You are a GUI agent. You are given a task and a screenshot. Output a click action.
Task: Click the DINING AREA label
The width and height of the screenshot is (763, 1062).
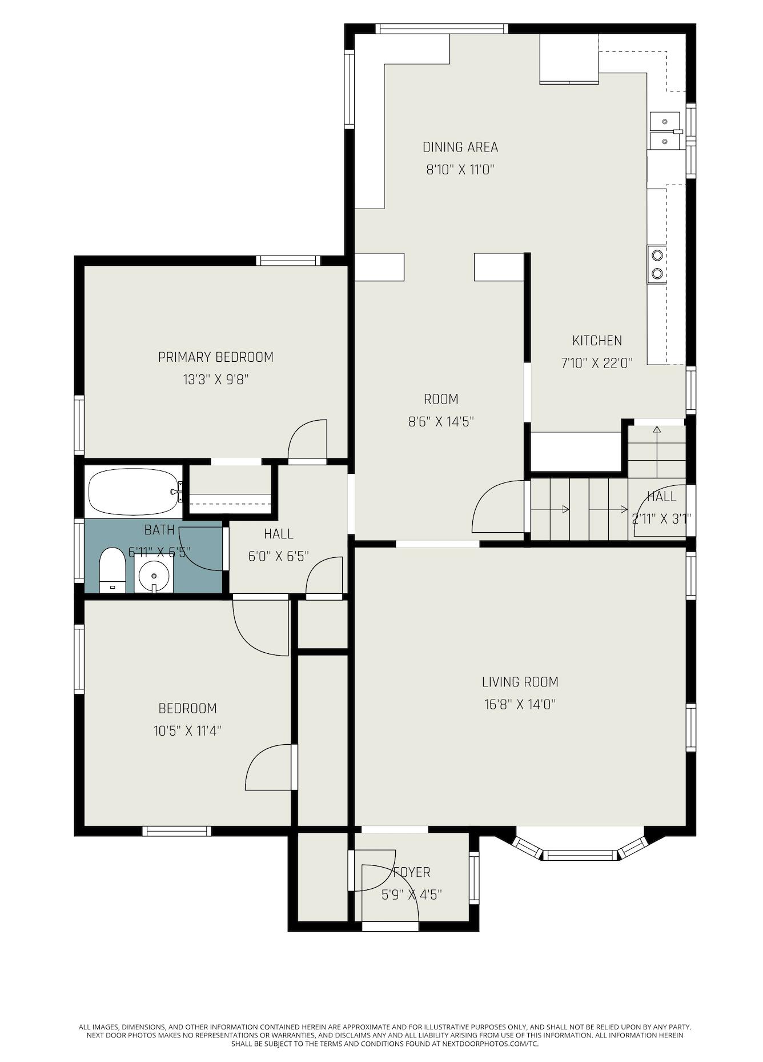[x=460, y=147]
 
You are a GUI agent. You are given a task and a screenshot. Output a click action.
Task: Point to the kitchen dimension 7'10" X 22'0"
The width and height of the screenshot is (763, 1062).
[x=597, y=363]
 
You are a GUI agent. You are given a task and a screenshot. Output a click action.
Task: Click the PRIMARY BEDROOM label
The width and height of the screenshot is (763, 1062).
[x=216, y=357]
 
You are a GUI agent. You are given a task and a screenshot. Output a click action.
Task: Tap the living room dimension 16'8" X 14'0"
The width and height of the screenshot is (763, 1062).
[x=520, y=704]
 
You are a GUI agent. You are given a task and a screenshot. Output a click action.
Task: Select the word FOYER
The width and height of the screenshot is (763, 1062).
[x=412, y=872]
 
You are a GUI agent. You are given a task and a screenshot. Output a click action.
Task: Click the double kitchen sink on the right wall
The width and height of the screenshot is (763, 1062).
[x=665, y=131]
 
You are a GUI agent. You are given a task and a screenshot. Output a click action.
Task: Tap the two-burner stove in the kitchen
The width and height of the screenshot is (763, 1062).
[x=657, y=264]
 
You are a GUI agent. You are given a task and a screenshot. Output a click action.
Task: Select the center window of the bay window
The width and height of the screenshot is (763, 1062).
[x=579, y=855]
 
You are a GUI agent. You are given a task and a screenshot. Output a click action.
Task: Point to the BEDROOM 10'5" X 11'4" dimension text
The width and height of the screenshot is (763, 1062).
[x=187, y=730]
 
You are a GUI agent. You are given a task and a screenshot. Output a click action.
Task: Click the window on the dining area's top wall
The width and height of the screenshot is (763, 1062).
[x=441, y=29]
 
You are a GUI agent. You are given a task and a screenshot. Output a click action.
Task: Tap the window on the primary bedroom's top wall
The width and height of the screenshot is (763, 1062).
[x=287, y=261]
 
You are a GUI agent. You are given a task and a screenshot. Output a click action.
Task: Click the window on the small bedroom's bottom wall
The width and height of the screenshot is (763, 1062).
[x=176, y=831]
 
